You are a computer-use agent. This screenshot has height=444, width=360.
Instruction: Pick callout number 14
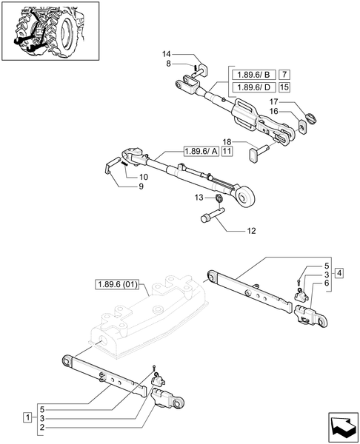167,55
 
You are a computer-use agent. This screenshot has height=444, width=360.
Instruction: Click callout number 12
250,231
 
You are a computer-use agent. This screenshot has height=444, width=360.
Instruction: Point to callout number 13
199,198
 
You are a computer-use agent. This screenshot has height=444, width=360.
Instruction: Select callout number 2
44,428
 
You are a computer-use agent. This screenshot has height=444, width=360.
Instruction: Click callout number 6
326,283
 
